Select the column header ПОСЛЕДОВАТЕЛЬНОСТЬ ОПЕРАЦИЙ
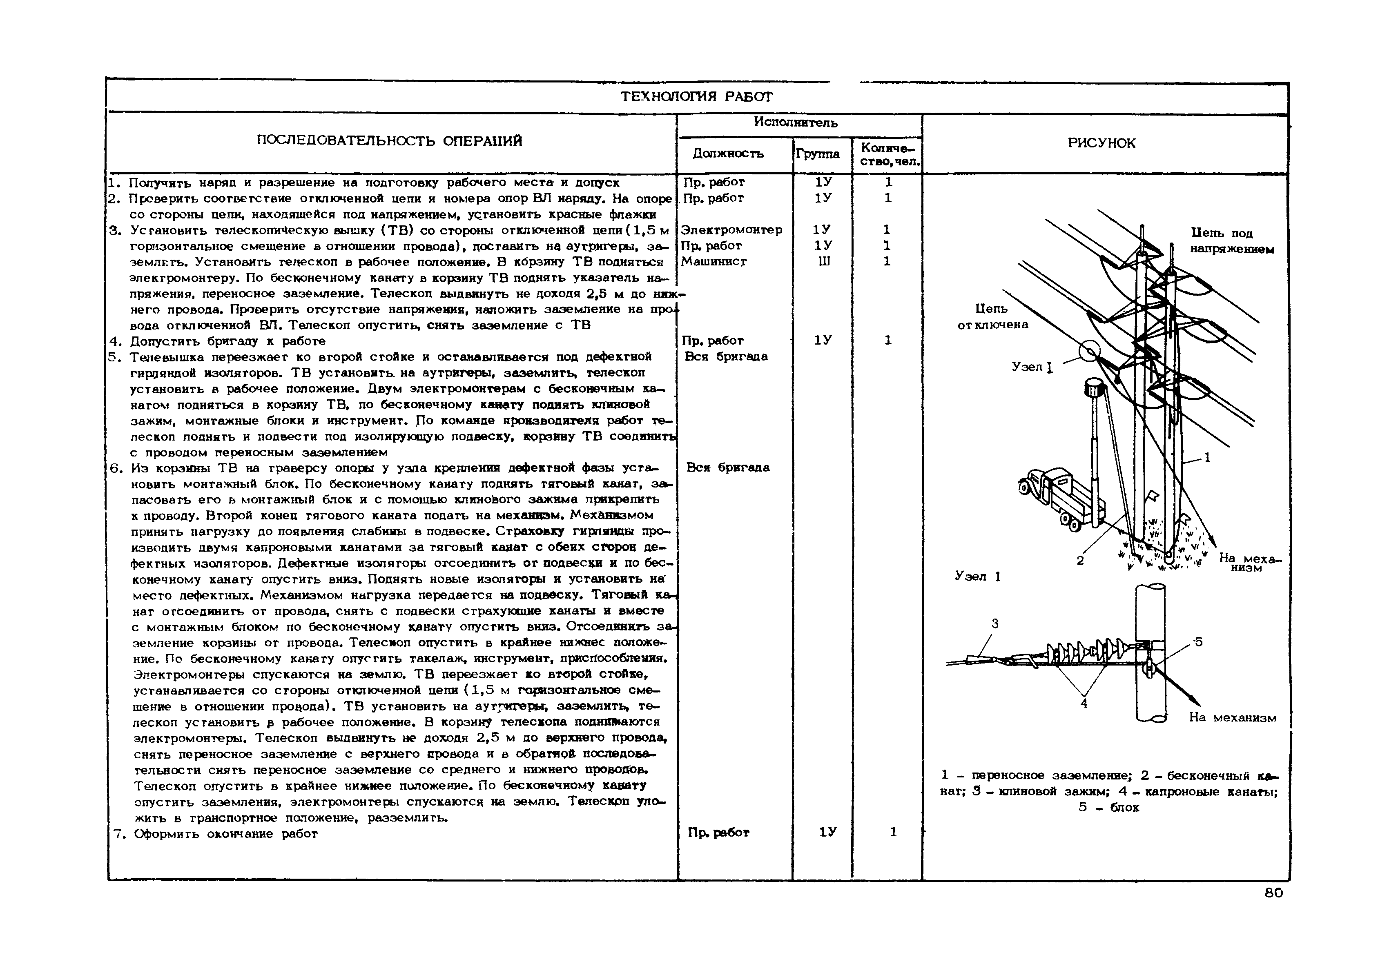[389, 141]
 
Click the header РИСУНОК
[1101, 143]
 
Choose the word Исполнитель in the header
[795, 122]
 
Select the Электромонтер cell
[731, 229]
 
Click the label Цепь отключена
[992, 316]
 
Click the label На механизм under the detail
[1233, 717]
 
